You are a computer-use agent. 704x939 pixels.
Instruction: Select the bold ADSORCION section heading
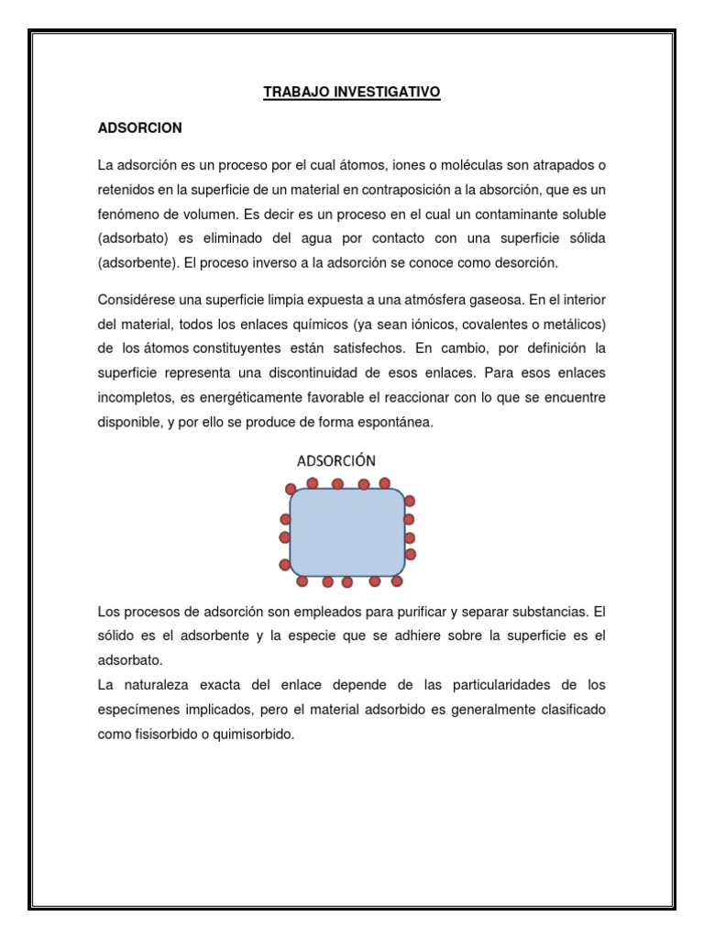click(140, 128)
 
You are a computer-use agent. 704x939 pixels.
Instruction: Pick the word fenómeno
click(128, 214)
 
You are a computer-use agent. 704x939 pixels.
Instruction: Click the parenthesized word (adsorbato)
click(135, 238)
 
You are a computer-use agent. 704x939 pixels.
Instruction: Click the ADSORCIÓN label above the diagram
click(335, 460)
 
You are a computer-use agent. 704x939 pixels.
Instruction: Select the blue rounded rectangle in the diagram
click(346, 532)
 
